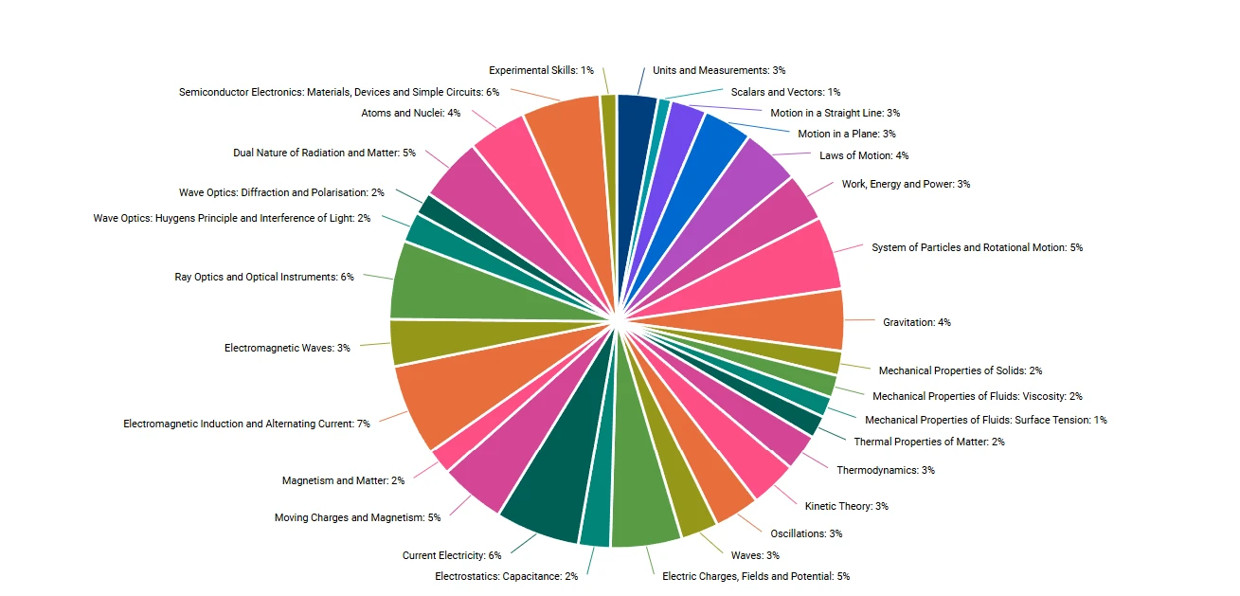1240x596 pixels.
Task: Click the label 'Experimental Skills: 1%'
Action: [x=541, y=70]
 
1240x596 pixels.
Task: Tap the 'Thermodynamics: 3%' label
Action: [x=885, y=470]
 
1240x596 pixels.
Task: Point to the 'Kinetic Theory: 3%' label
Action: [x=846, y=506]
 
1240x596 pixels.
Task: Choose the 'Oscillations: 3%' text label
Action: [x=806, y=533]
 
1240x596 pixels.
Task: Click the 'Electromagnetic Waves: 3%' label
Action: [x=287, y=348]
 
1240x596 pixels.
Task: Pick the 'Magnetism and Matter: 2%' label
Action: [x=343, y=480]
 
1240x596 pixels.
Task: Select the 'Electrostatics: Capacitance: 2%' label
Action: [x=506, y=576]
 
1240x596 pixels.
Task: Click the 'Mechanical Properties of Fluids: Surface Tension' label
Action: [x=985, y=420]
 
